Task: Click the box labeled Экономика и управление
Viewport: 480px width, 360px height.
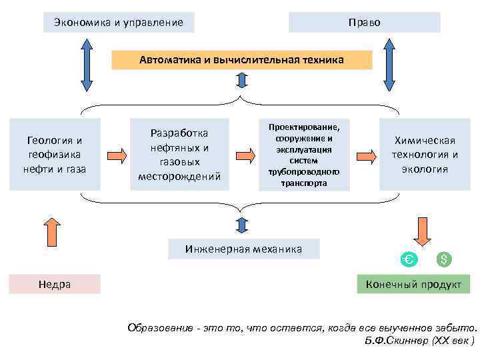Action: pos(118,23)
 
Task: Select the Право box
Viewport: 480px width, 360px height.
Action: pos(364,23)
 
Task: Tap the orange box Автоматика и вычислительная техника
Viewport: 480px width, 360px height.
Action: pos(241,60)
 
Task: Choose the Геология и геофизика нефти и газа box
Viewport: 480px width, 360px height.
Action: pos(55,155)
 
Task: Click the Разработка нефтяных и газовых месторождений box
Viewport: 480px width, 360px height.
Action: pos(179,155)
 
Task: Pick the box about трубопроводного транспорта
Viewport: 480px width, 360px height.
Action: pos(304,155)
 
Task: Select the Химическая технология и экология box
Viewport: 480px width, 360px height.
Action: pos(425,155)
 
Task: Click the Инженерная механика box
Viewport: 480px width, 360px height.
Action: pos(243,249)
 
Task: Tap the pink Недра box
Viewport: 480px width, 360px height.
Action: pos(55,284)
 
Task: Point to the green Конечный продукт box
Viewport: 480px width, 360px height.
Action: pos(413,284)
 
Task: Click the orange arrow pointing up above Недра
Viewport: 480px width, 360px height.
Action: pos(53,230)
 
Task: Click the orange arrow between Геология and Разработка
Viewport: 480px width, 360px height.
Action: pos(117,156)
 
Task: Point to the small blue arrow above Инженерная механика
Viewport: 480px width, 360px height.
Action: pos(241,226)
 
